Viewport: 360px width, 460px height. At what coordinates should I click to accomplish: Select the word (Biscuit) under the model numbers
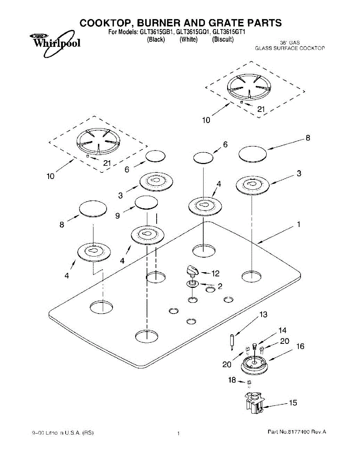[223, 39]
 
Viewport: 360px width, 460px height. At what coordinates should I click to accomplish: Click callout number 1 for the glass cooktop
[298, 225]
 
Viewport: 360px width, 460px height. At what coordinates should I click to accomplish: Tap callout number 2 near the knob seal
[220, 286]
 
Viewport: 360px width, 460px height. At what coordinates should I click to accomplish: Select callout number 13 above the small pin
[263, 315]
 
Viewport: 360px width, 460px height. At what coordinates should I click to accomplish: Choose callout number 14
[282, 330]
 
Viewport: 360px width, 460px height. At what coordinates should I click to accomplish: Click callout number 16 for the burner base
[300, 346]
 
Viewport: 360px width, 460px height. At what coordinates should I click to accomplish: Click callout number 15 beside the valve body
[293, 403]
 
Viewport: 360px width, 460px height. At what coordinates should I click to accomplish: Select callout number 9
[118, 216]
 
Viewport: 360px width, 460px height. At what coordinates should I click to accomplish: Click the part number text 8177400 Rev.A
[296, 432]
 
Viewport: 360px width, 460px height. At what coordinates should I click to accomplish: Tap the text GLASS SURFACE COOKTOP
[290, 48]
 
